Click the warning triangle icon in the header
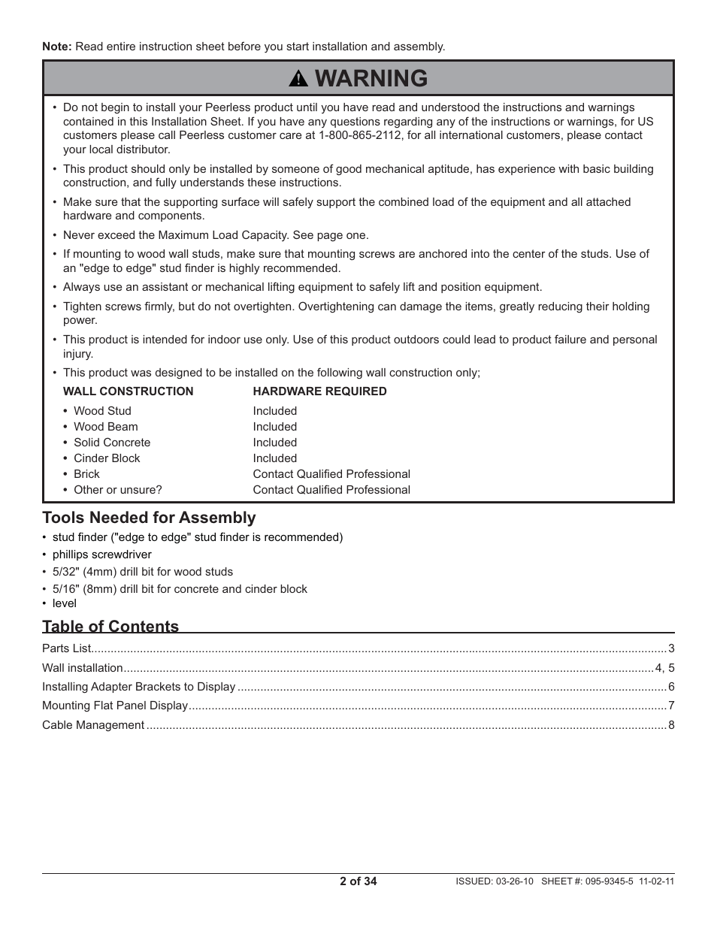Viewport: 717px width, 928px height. pos(298,79)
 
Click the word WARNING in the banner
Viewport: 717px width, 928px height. pos(371,78)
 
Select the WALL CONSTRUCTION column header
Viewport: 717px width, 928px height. pos(128,391)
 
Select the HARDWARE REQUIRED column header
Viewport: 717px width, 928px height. pos(319,391)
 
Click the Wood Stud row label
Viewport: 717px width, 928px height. pos(102,411)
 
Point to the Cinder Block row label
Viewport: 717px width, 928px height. pos(107,458)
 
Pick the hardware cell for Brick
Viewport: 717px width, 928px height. pos(331,474)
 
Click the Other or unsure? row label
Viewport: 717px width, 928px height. pos(117,490)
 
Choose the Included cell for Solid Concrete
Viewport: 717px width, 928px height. pos(274,443)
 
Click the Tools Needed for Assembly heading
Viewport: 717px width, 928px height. pos(149,518)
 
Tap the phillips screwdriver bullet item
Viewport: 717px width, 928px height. pos(101,555)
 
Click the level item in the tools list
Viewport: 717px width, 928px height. pos(64,603)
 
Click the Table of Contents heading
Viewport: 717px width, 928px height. pos(110,627)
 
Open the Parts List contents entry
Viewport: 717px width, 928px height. pos(66,648)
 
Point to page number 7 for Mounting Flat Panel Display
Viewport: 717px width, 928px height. pos(671,706)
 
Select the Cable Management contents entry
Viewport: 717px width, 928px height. pos(93,725)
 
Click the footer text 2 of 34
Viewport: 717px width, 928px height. pos(358,881)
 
